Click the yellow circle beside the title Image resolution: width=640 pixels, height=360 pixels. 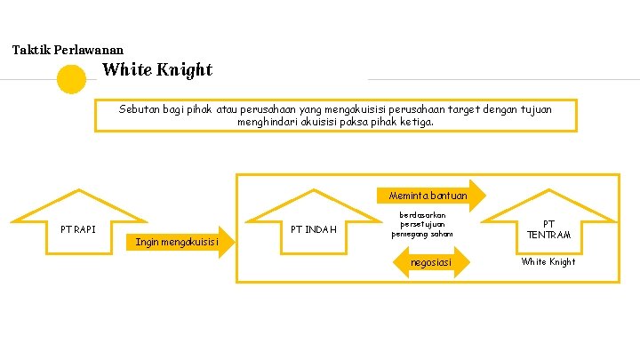[x=71, y=79]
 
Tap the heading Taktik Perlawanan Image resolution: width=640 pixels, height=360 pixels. [x=68, y=51]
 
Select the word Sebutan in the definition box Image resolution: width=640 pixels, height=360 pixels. [x=138, y=109]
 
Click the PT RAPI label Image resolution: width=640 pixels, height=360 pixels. [x=78, y=229]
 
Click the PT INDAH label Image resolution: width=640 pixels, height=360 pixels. [x=314, y=229]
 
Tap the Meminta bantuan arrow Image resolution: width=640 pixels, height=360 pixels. [x=428, y=196]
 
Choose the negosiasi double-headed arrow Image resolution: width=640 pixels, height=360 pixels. [x=431, y=262]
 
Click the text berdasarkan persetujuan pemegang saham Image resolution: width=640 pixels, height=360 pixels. [x=422, y=225]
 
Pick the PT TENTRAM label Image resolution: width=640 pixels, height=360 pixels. [x=548, y=229]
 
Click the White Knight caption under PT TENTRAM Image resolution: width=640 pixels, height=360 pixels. [x=548, y=261]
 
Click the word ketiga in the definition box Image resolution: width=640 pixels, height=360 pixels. [x=418, y=122]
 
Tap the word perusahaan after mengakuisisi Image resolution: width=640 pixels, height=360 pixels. [x=406, y=109]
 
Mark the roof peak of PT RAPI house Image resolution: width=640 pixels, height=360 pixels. [x=79, y=190]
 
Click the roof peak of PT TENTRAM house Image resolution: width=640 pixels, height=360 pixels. [x=548, y=190]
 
